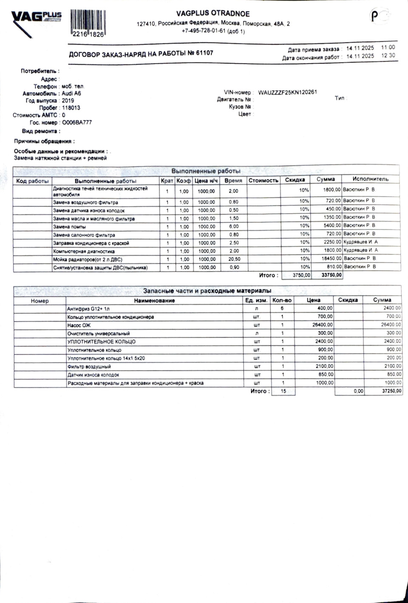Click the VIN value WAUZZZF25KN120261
pyautogui.click(x=287, y=92)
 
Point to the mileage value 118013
pyautogui.click(x=71, y=108)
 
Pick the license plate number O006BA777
pyautogui.click(x=76, y=122)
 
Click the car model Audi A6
pyautogui.click(x=71, y=94)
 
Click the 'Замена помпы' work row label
pyautogui.click(x=69, y=227)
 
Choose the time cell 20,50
pyautogui.click(x=234, y=259)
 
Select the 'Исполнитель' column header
pyautogui.click(x=370, y=179)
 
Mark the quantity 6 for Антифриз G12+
pyautogui.click(x=282, y=308)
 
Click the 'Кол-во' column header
pyautogui.click(x=282, y=300)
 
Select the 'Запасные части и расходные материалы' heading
pyautogui.click(x=207, y=291)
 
